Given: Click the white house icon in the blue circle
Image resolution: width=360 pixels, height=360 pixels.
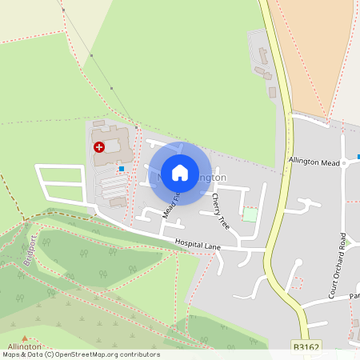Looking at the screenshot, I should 180,173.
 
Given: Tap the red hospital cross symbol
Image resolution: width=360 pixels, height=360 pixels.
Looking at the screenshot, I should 99,147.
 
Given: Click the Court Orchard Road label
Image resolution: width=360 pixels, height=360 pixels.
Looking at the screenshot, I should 342,256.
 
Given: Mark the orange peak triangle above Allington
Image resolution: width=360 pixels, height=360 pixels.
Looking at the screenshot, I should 25,338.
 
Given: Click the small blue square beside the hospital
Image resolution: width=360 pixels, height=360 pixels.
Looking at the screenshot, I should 122,169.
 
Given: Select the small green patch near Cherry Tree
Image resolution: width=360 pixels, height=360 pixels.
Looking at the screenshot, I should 250,215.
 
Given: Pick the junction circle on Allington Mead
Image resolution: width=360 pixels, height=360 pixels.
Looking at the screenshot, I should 343,162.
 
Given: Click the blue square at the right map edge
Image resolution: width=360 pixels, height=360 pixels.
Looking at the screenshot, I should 358,157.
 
